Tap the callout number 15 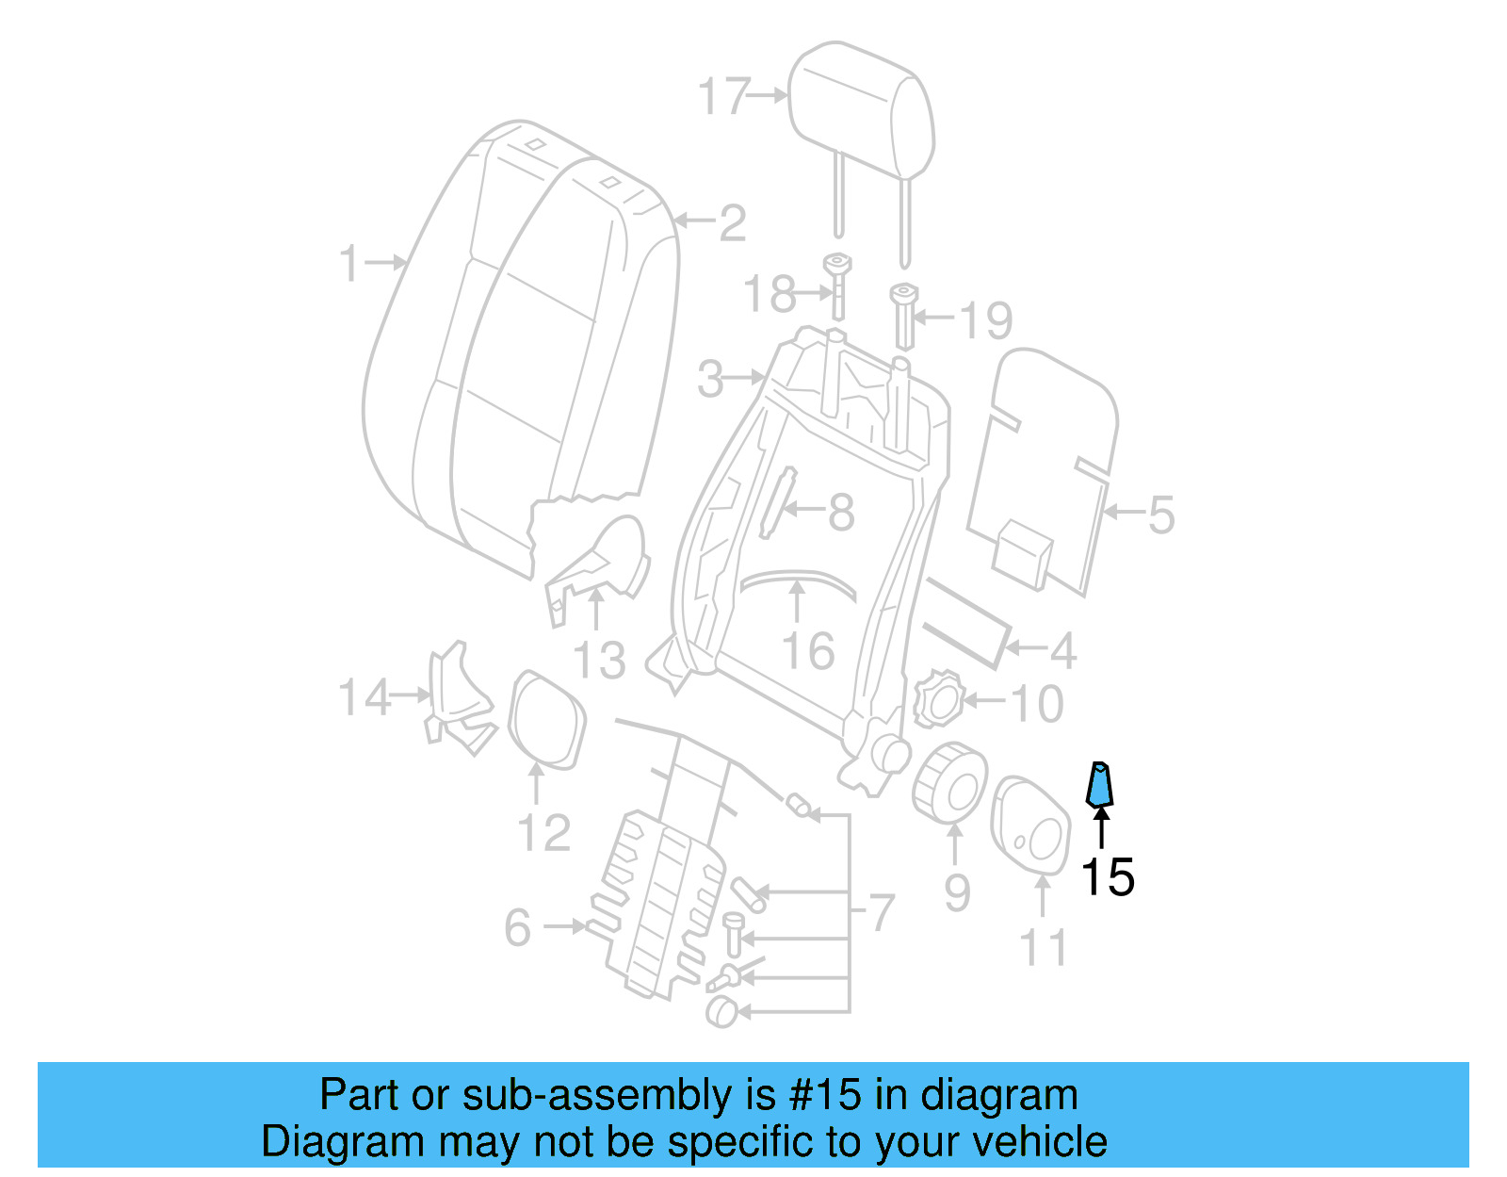point(1107,877)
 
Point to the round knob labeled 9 point(949,779)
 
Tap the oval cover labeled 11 point(1030,821)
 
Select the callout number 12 point(543,834)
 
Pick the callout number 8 point(841,514)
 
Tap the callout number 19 point(986,320)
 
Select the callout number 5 point(1160,515)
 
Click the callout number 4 point(1063,650)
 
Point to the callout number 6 point(518,928)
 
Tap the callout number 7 point(880,912)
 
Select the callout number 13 point(599,661)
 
